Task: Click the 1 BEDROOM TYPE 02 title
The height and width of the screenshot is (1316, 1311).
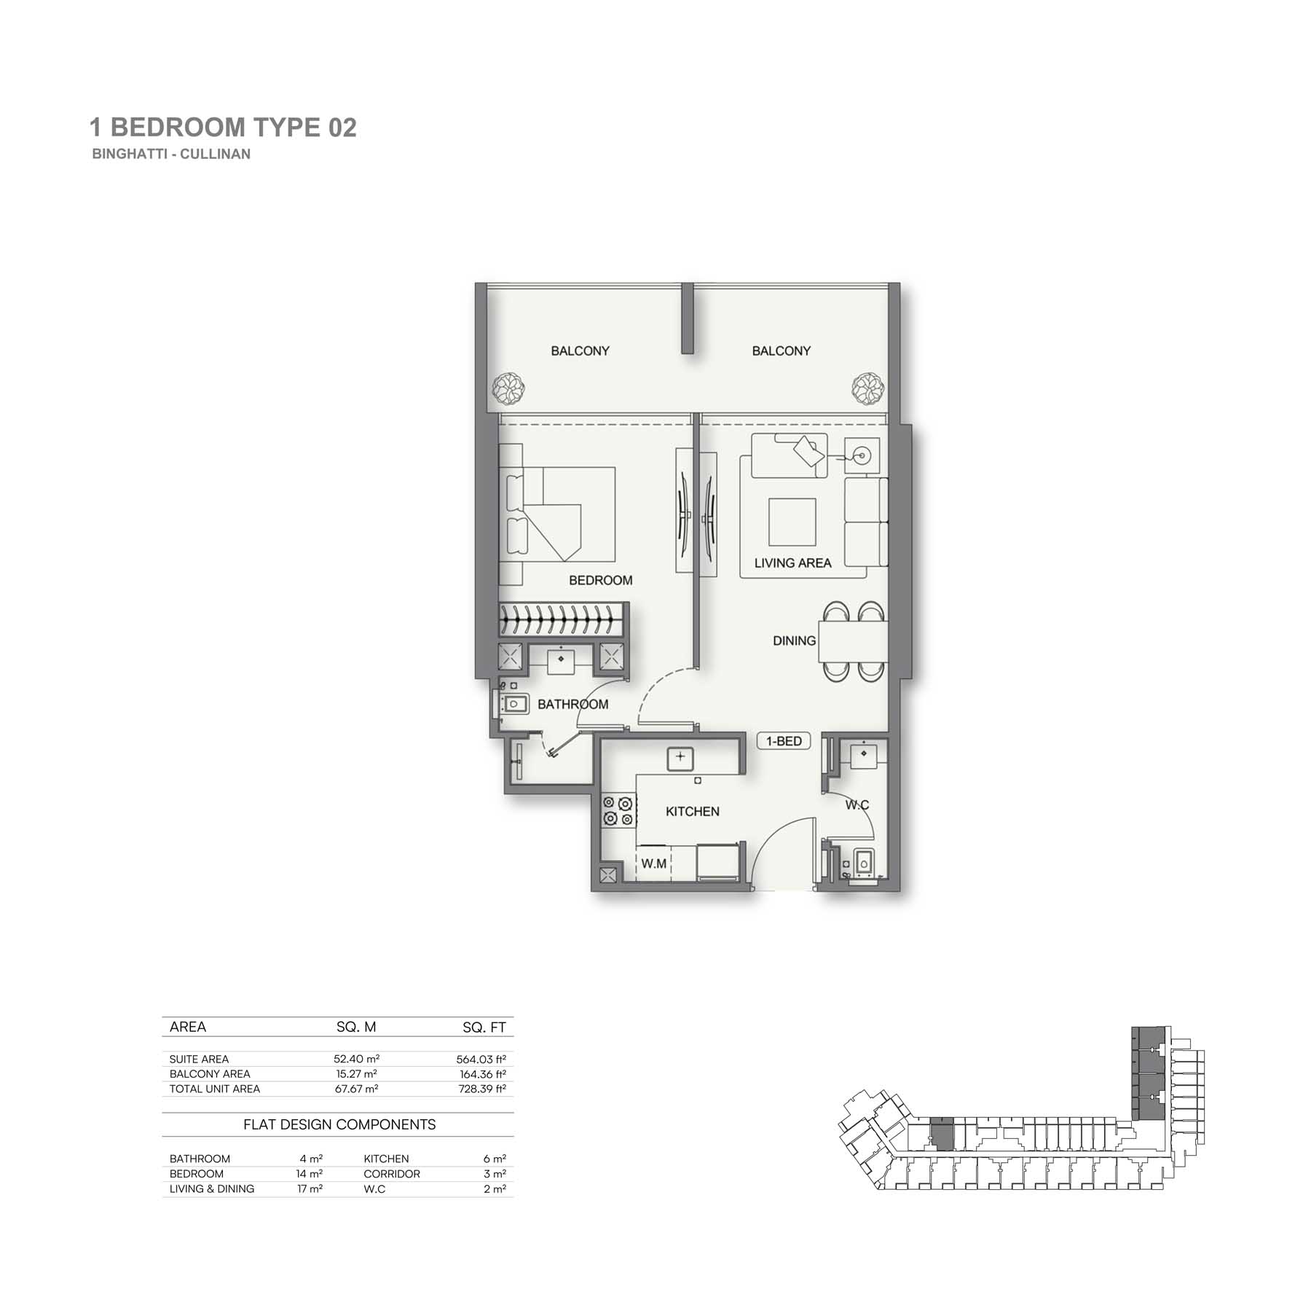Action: [223, 128]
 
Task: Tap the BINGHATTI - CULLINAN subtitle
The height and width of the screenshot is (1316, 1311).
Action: [171, 154]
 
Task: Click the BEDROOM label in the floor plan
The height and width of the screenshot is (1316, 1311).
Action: [600, 580]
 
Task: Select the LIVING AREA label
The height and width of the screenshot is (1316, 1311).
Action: [792, 563]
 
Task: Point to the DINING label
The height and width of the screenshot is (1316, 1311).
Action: [794, 641]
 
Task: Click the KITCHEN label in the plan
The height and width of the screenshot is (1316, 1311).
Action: [692, 811]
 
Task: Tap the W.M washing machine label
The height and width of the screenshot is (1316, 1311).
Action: [653, 863]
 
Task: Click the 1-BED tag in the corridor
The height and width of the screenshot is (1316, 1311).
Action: [784, 741]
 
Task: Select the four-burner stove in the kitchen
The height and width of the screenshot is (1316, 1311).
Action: [617, 812]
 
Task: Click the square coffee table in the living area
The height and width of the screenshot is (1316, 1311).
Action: [792, 522]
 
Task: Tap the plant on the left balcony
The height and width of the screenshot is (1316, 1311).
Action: [507, 388]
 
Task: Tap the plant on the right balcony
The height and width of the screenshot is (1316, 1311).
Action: [868, 388]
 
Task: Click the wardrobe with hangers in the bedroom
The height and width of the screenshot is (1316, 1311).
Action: [564, 619]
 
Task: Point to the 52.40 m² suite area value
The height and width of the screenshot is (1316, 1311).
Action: [356, 1059]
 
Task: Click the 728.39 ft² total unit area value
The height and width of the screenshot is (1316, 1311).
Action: [477, 1089]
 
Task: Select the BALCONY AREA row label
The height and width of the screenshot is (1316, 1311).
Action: [210, 1074]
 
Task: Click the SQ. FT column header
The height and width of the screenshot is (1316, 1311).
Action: [484, 1027]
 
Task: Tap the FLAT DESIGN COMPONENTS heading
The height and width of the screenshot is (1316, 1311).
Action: [339, 1124]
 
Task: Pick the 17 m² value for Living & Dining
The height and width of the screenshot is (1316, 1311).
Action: [310, 1188]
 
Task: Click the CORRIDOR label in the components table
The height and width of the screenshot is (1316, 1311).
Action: [392, 1174]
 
